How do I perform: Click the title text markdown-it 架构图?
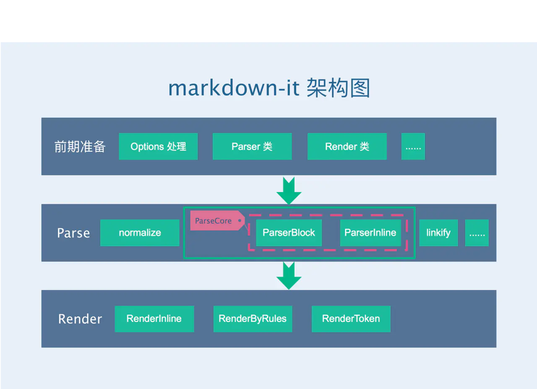(x=268, y=88)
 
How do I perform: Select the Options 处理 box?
(x=158, y=146)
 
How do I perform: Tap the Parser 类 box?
(x=252, y=146)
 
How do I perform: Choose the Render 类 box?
(x=347, y=146)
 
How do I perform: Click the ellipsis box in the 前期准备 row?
(x=413, y=146)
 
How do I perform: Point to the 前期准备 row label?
(x=80, y=146)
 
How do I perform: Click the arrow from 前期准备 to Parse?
(x=289, y=191)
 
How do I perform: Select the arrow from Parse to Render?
(x=289, y=276)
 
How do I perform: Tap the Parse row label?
(x=73, y=233)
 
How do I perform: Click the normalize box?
(x=140, y=233)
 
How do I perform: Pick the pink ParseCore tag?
(x=214, y=221)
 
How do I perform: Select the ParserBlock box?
(x=289, y=233)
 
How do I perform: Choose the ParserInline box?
(x=370, y=233)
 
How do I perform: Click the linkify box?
(x=438, y=233)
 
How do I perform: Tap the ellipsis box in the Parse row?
(x=477, y=233)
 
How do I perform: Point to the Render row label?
(x=80, y=319)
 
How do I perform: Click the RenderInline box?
(x=154, y=319)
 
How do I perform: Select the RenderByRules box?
(x=253, y=319)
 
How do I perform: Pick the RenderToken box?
(x=351, y=319)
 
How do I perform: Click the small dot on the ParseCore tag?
(x=240, y=220)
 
